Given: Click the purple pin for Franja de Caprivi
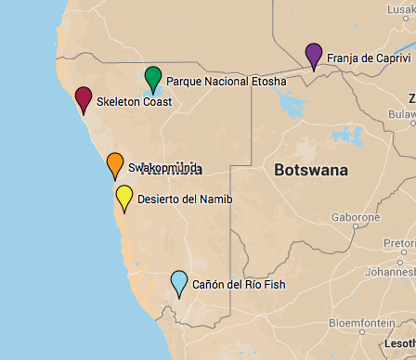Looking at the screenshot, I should (314, 55).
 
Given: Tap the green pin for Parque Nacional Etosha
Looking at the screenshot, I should (153, 78).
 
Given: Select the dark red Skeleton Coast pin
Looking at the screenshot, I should (84, 97).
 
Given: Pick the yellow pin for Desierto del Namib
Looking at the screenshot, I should (124, 196).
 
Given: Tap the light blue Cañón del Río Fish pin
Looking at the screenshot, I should (179, 281).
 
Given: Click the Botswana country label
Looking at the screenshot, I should (311, 170).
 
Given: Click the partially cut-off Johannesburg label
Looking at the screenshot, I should (390, 273).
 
